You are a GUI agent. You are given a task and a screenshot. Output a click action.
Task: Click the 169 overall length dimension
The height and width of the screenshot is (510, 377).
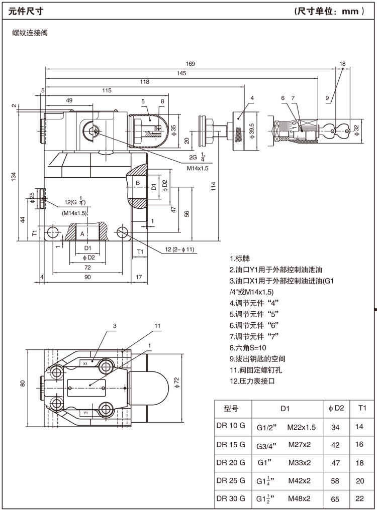coord(190,64)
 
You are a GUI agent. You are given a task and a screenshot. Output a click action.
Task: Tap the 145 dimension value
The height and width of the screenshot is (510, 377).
coord(181,73)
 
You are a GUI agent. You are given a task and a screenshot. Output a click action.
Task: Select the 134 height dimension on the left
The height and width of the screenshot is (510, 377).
coord(14,176)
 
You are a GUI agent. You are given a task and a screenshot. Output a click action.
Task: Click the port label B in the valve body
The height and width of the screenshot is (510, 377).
coord(137,183)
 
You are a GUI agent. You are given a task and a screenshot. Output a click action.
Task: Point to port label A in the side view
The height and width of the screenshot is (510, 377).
coord(82,234)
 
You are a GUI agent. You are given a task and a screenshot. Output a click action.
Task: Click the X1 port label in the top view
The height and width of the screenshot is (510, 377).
coord(85,362)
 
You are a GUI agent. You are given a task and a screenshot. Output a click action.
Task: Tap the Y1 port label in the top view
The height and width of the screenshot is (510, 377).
coord(85,413)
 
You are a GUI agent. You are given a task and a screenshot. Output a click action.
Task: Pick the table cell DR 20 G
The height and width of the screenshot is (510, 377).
coord(231,462)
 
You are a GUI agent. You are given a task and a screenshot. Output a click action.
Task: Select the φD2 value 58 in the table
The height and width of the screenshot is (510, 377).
coord(336,481)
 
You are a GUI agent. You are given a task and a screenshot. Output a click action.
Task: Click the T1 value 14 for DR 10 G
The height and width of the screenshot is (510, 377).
coord(359,427)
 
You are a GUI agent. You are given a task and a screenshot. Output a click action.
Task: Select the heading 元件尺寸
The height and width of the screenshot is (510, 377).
coord(24,10)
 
